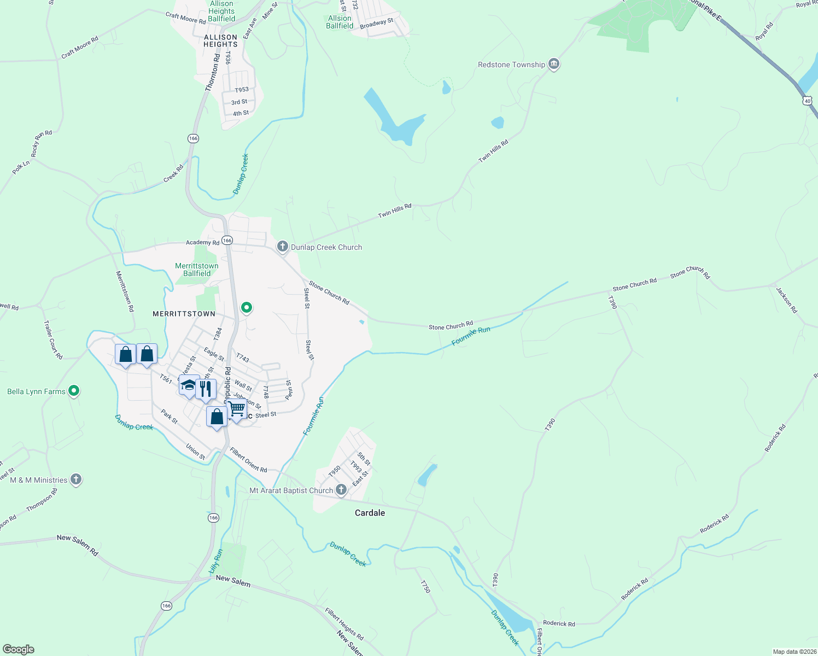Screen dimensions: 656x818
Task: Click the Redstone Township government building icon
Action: coord(554,65)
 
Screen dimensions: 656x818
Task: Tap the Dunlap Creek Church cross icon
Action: coord(283,247)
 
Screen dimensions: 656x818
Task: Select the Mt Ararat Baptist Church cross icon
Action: coord(341,490)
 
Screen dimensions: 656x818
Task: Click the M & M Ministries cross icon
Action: coord(76,480)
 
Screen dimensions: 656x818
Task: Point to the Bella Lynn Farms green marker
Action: coord(74,391)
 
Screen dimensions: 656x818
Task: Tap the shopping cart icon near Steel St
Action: coord(237,409)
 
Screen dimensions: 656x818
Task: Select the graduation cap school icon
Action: coord(189,385)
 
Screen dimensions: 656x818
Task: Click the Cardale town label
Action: coord(370,513)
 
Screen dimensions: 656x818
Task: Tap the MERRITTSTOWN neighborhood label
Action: coord(184,314)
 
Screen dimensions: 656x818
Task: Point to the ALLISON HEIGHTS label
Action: coord(220,41)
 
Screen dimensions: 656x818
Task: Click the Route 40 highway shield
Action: coord(808,101)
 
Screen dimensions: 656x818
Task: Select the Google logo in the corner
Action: coord(18,649)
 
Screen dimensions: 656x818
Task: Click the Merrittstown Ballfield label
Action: coord(197,270)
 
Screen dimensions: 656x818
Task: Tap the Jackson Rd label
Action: coord(787,300)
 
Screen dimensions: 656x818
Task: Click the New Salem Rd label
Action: coord(78,545)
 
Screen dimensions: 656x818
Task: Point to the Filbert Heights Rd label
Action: coord(344,624)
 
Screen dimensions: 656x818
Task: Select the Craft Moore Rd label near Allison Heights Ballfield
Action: coord(186,19)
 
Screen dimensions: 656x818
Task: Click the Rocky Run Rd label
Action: coord(42,144)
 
